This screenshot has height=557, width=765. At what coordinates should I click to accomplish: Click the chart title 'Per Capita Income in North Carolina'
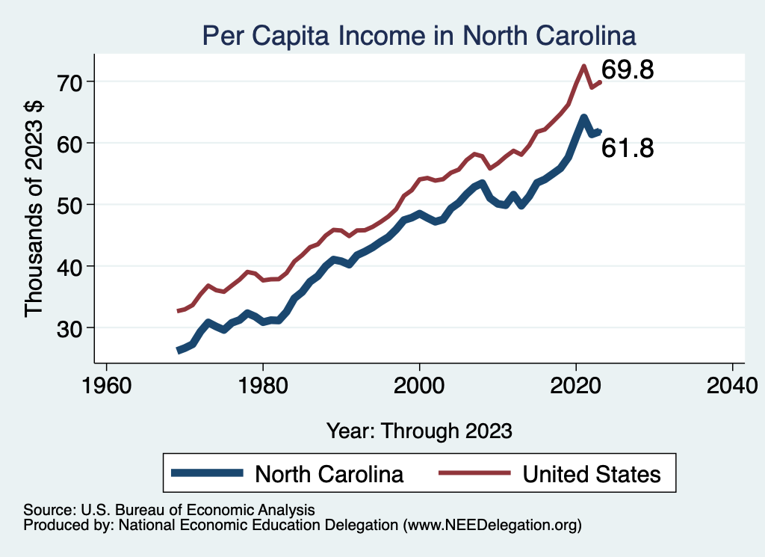tap(419, 36)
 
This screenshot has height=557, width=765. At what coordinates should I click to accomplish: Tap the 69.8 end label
tap(628, 71)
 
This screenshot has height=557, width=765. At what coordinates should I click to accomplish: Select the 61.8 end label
tap(628, 148)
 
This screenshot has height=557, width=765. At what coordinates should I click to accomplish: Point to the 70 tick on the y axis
tap(72, 81)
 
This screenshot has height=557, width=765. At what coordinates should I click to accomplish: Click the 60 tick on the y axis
tap(72, 143)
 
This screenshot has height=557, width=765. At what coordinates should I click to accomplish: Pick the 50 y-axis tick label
tap(72, 205)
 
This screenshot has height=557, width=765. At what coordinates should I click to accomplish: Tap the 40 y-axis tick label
tap(72, 266)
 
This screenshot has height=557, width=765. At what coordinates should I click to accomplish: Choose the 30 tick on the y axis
tap(72, 328)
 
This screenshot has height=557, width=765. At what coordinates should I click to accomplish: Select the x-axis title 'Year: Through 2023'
tap(419, 431)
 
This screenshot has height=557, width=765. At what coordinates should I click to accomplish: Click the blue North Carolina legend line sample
tap(207, 473)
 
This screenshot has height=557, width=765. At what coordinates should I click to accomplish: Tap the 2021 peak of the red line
tap(583, 66)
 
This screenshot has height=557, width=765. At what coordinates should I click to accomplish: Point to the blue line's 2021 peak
tap(583, 117)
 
